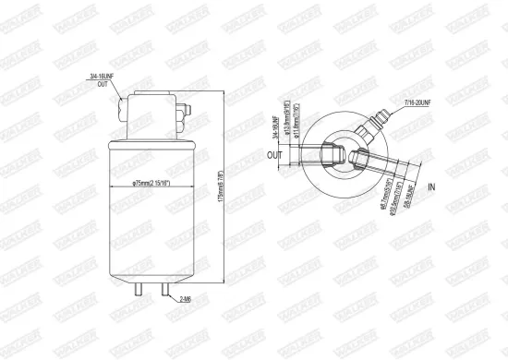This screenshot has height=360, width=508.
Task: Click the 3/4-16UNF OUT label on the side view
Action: point(103,79)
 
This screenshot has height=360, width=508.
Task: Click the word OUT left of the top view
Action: point(275,154)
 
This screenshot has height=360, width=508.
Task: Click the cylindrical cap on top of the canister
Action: point(154,113)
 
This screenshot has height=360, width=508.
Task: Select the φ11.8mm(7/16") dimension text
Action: point(296,130)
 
